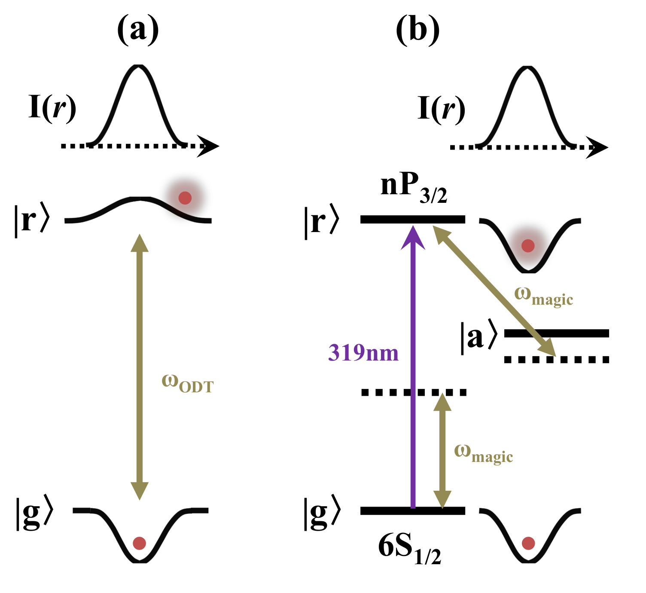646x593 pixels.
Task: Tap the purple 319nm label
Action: click(x=363, y=353)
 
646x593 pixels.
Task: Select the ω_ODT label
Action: click(x=187, y=382)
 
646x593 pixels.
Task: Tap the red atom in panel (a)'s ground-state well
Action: click(x=139, y=543)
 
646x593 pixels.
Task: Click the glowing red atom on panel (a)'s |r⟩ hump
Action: click(x=185, y=198)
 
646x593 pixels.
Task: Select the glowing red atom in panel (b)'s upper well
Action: click(x=528, y=246)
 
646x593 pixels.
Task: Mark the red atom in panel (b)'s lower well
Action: click(x=528, y=544)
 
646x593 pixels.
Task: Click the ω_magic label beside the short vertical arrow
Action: click(x=484, y=453)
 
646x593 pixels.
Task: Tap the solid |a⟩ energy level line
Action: click(x=557, y=333)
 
